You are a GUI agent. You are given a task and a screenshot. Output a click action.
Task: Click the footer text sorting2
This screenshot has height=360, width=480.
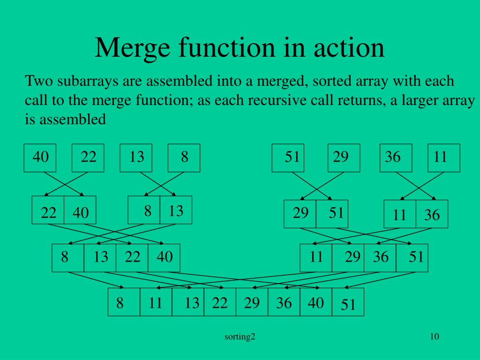pyautogui.click(x=240, y=337)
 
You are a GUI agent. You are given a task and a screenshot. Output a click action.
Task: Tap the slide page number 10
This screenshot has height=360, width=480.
pyautogui.click(x=434, y=336)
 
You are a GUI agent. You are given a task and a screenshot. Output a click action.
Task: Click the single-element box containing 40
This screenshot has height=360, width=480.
pyautogui.click(x=40, y=157)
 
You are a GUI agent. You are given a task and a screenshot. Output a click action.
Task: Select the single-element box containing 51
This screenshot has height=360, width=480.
pyautogui.click(x=288, y=157)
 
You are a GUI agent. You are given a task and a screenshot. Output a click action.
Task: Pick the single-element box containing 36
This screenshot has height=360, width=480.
pyautogui.click(x=396, y=157)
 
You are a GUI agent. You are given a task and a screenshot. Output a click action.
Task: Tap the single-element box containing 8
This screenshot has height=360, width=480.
pyautogui.click(x=184, y=157)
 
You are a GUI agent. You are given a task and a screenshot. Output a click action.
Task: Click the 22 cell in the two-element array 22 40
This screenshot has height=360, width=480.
pyautogui.click(x=48, y=213)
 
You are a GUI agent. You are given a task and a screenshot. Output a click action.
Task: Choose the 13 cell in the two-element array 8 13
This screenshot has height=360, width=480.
pyautogui.click(x=176, y=211)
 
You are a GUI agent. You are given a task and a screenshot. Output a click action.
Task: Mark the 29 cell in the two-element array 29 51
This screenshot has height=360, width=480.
pyautogui.click(x=300, y=214)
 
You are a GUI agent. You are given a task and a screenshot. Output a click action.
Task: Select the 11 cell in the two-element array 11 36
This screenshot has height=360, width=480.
pyautogui.click(x=400, y=215)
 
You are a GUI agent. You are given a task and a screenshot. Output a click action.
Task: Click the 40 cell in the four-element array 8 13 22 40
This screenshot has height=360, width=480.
pyautogui.click(x=164, y=257)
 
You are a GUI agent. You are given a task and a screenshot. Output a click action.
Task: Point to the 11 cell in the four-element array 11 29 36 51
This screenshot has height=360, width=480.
pyautogui.click(x=316, y=257)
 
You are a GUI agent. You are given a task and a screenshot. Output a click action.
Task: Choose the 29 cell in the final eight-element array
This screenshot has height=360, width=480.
pyautogui.click(x=252, y=303)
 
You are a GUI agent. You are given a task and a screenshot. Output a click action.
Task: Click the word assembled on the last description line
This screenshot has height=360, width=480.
pyautogui.click(x=72, y=120)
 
